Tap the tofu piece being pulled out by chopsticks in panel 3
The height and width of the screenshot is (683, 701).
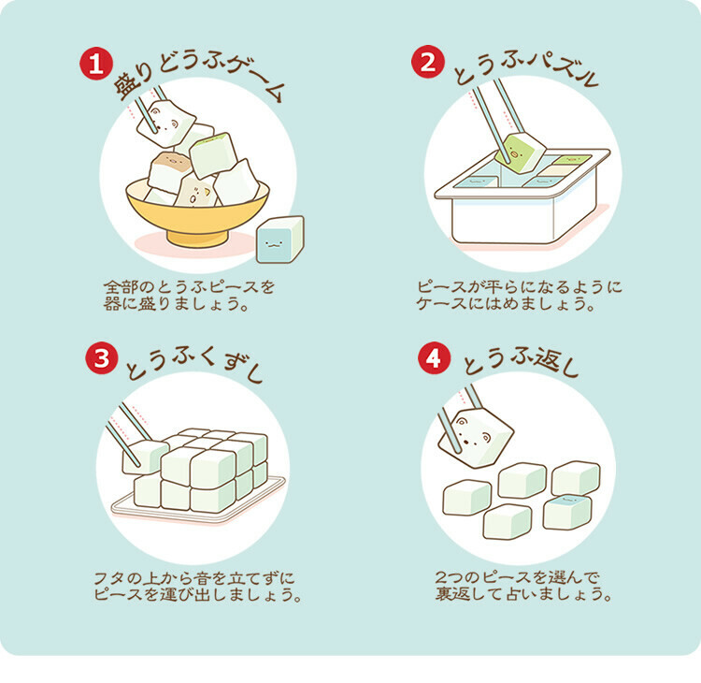pos(146,455)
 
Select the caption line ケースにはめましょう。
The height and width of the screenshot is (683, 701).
pos(518,303)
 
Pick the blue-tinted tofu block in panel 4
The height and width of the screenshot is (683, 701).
pos(567,510)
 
